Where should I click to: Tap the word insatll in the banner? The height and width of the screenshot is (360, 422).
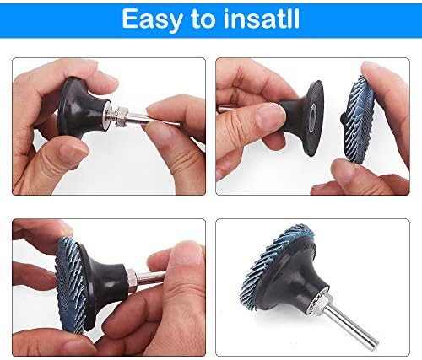(262, 19)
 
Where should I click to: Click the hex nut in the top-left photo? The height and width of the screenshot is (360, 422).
(122, 116)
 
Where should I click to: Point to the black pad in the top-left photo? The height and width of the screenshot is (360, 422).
(82, 108)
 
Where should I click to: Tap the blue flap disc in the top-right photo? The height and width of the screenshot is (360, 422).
(359, 120)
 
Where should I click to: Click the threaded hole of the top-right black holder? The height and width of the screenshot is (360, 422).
(312, 118)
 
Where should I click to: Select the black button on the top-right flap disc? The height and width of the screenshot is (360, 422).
(343, 119)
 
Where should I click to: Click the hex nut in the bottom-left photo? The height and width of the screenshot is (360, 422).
(132, 278)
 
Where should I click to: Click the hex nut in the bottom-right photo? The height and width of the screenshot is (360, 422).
(322, 301)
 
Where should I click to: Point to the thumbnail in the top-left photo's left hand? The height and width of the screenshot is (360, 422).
(74, 153)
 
